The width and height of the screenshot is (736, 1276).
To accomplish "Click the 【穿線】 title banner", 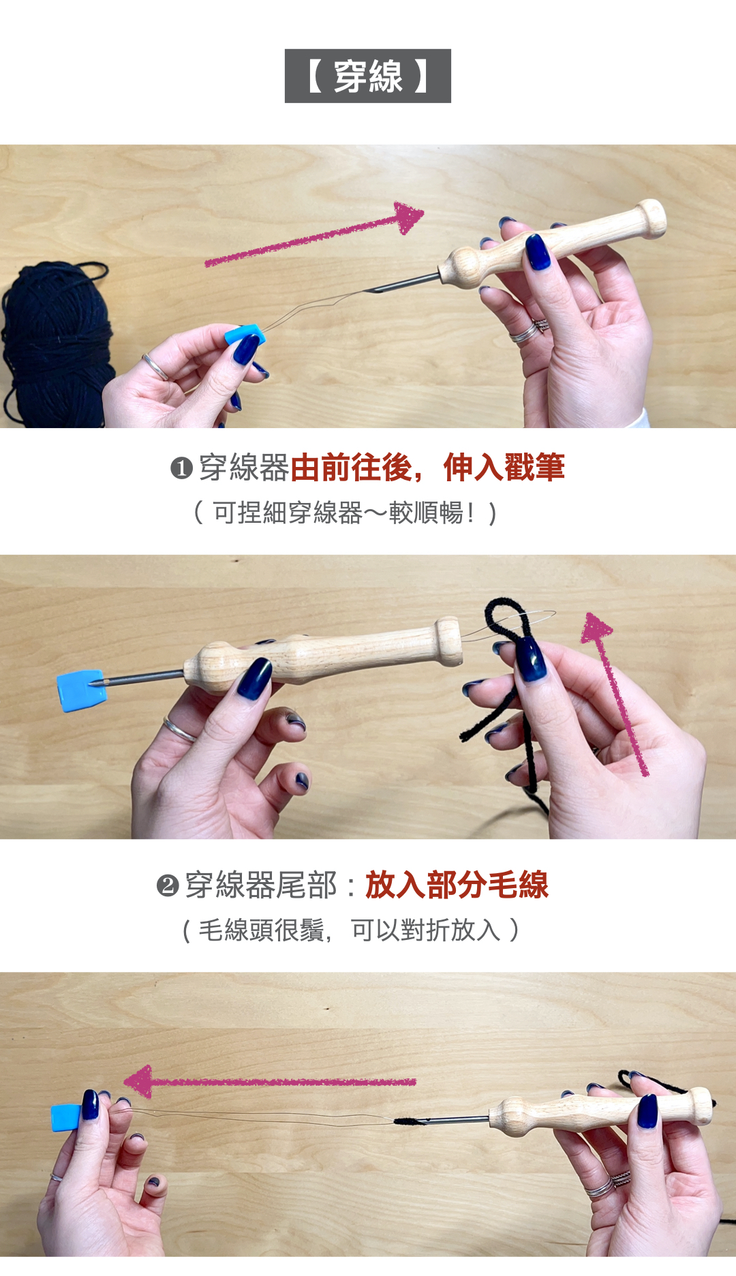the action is (368, 76).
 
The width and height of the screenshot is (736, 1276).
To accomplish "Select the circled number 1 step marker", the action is (181, 468).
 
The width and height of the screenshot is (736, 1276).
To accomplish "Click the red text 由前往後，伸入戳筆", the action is (428, 468).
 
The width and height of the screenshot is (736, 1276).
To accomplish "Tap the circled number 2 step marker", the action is (168, 885).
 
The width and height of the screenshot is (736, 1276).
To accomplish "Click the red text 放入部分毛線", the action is (457, 885).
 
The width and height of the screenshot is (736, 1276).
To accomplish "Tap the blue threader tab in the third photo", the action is (67, 1118).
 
